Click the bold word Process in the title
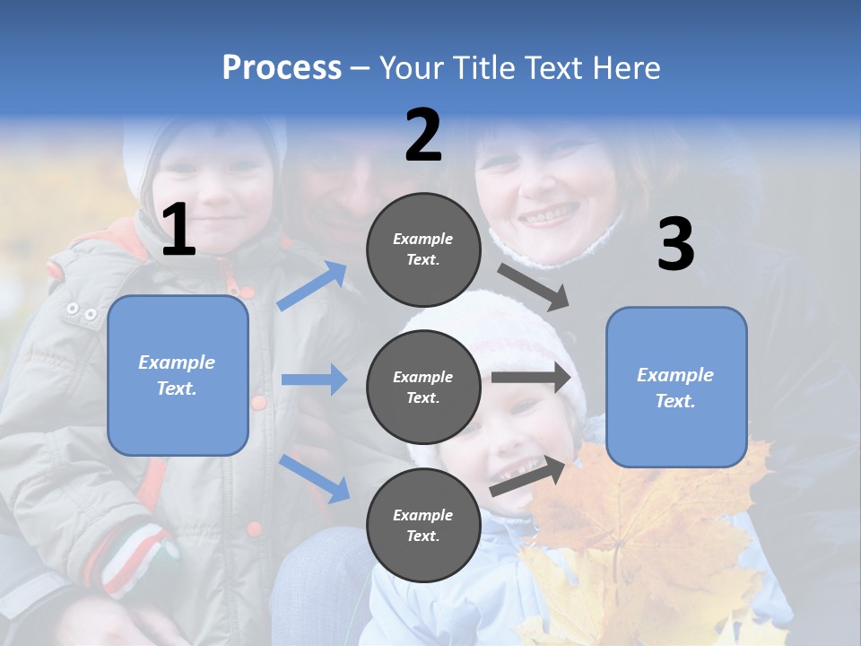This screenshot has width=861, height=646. (x=282, y=68)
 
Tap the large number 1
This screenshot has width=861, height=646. (x=178, y=231)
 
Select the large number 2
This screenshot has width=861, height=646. (x=423, y=135)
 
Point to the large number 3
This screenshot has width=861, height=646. (x=675, y=244)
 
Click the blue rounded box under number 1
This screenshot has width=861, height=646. (x=178, y=375)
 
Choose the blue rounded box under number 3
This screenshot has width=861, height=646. (x=676, y=388)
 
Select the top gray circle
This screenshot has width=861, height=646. (x=423, y=249)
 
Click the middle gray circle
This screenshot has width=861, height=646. (x=423, y=387)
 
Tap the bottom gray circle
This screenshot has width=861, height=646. (x=423, y=525)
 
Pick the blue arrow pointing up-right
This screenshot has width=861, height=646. (x=312, y=286)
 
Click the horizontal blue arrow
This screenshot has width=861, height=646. (x=314, y=380)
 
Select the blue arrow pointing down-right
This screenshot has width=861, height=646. (x=314, y=478)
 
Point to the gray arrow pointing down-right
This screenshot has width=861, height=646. (x=534, y=286)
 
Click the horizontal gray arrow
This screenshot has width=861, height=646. (x=531, y=378)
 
